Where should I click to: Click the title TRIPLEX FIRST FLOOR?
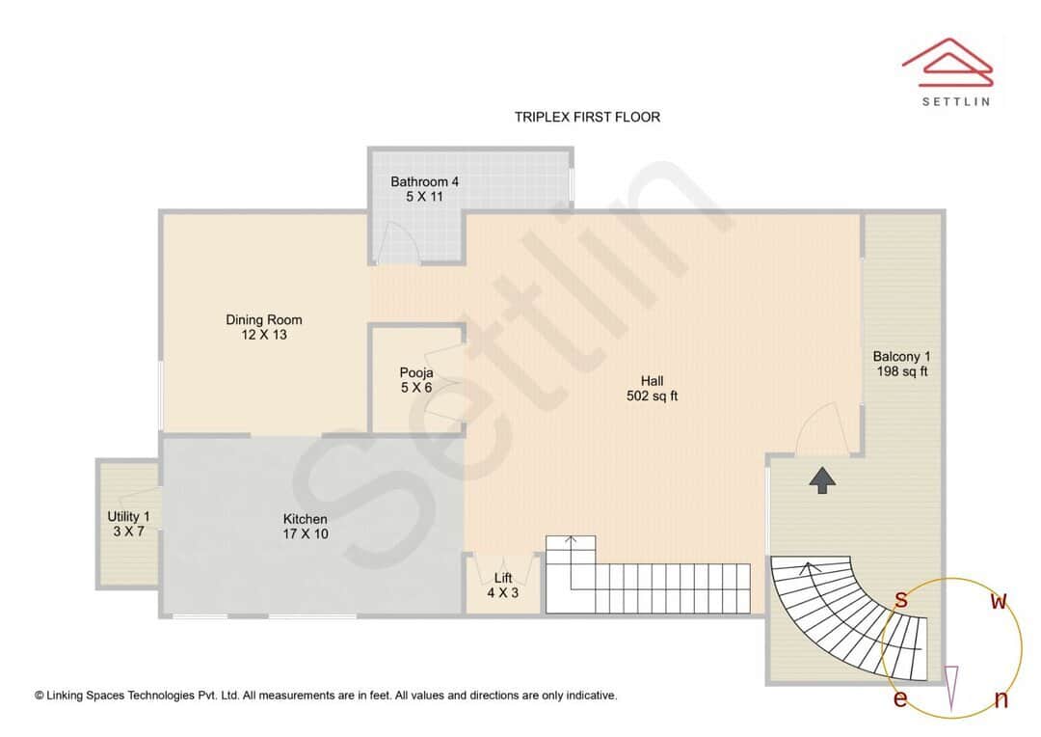pyautogui.click(x=587, y=117)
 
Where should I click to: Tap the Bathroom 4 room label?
pyautogui.click(x=424, y=189)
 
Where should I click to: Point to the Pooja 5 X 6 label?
pyautogui.click(x=416, y=380)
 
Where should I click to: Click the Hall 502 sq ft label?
pyautogui.click(x=653, y=388)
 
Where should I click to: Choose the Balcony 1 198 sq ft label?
pyautogui.click(x=901, y=364)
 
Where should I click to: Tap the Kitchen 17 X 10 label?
pyautogui.click(x=305, y=526)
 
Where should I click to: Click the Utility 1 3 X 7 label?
pyautogui.click(x=128, y=524)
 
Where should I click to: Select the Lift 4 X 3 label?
pyautogui.click(x=502, y=586)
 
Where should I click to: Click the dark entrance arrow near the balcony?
pyautogui.click(x=821, y=479)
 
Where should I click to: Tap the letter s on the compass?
pyautogui.click(x=900, y=600)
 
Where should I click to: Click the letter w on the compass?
pyautogui.click(x=1000, y=602)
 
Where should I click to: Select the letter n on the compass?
pyautogui.click(x=1001, y=699)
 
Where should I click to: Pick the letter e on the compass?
pyautogui.click(x=899, y=698)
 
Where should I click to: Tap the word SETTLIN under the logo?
pyautogui.click(x=955, y=100)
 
